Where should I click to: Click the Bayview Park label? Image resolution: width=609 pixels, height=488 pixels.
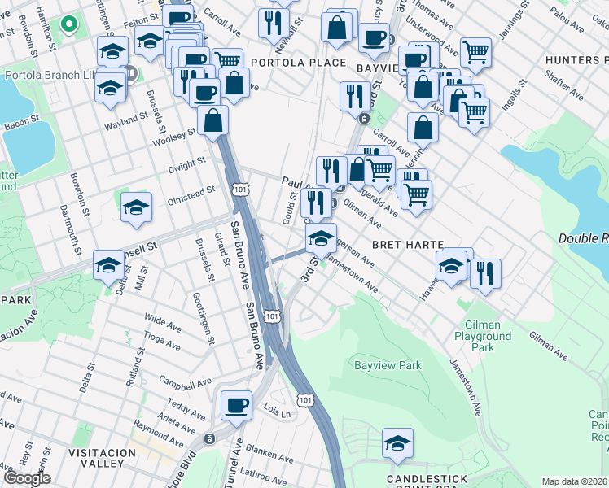click(388, 365)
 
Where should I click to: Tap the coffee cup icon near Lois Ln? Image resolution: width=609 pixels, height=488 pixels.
click(237, 404)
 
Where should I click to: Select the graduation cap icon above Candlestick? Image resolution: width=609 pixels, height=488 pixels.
click(397, 443)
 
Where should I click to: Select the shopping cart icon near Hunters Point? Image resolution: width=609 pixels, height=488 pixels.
click(475, 53)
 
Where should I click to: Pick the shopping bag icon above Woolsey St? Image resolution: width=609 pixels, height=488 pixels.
click(212, 121)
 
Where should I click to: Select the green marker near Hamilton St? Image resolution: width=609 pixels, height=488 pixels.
click(69, 27)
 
